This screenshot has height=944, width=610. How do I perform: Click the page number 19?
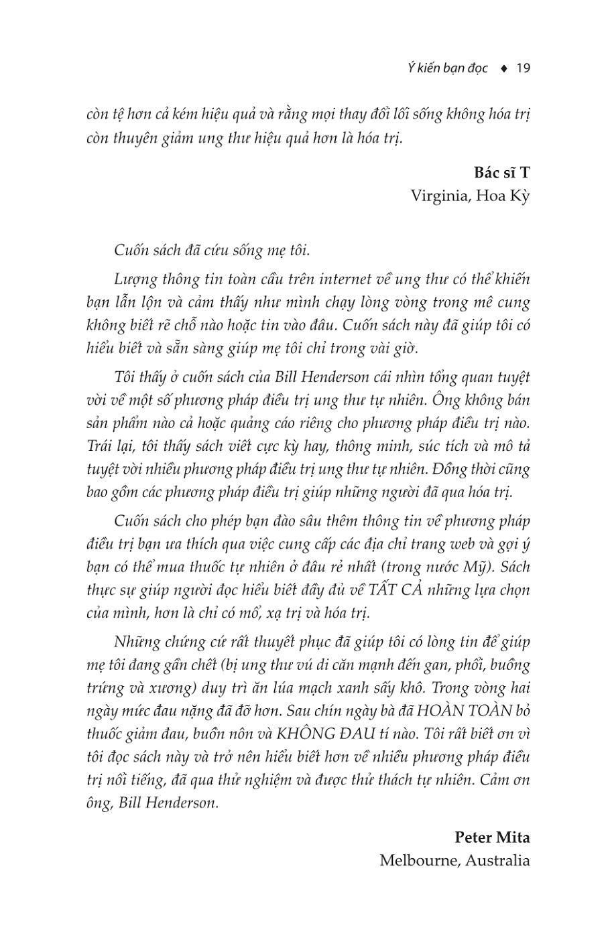tap(524, 68)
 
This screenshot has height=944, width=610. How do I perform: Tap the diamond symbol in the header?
tap(503, 68)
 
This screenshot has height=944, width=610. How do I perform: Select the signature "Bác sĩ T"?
tap(502, 173)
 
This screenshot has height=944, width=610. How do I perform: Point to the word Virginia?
tap(437, 196)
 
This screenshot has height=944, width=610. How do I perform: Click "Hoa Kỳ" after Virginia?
tap(503, 196)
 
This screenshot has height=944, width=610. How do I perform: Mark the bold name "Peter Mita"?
tap(492, 837)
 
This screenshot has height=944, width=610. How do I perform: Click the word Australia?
tap(498, 860)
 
